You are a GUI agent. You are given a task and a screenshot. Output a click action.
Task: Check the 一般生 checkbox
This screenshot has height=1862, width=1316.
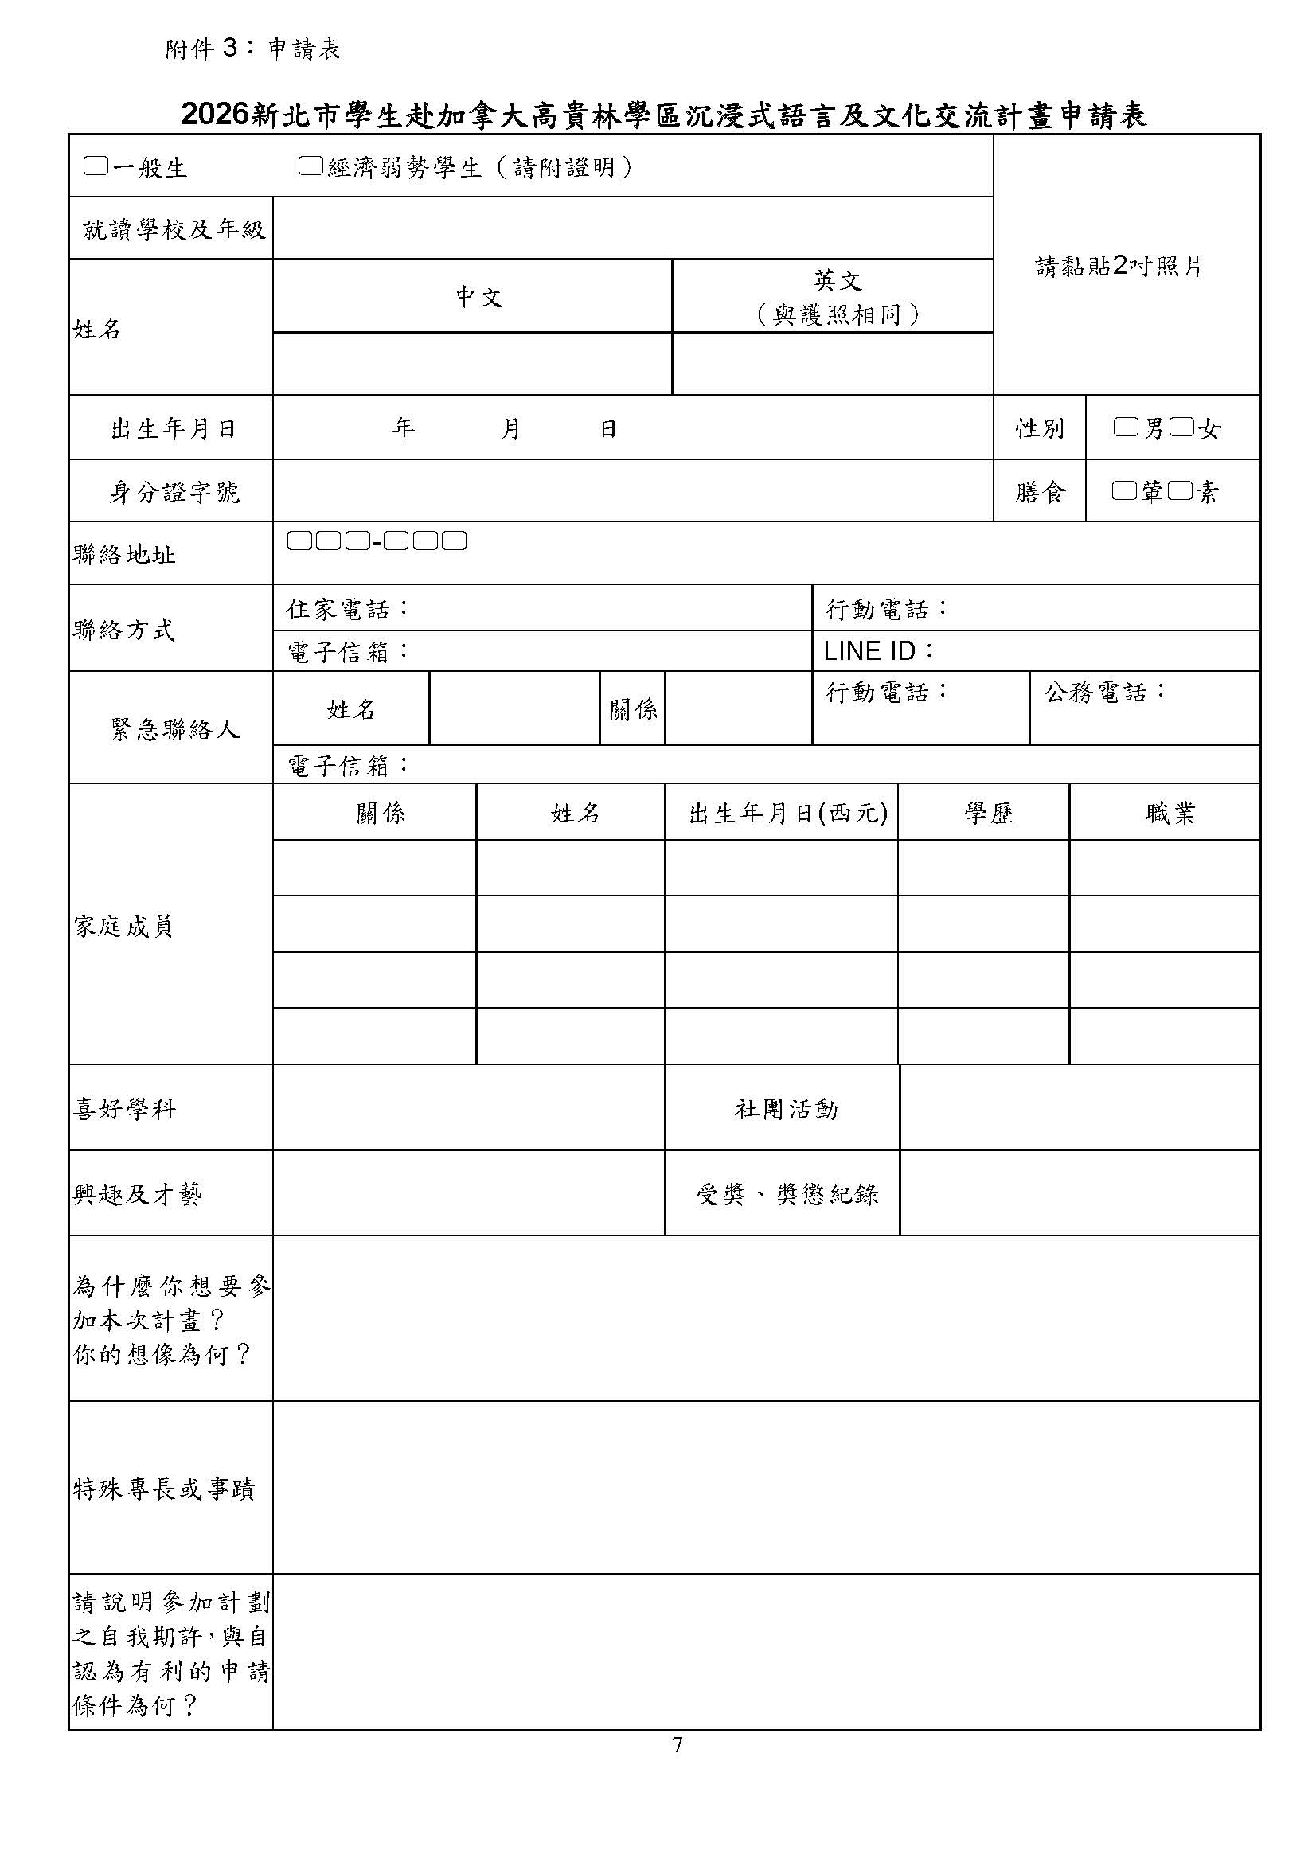tap(96, 167)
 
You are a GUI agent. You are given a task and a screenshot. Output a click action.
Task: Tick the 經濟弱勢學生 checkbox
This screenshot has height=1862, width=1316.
tap(310, 167)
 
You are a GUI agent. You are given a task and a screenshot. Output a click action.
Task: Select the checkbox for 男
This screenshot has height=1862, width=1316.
tap(1126, 427)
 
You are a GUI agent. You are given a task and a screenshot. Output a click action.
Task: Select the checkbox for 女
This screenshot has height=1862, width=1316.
tap(1182, 427)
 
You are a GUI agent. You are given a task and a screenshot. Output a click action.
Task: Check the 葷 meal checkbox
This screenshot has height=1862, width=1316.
tap(1124, 490)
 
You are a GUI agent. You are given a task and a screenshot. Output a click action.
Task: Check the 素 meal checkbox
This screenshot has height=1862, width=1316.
tap(1181, 490)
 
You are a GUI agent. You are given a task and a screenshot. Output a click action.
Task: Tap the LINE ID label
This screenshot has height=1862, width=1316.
tap(878, 651)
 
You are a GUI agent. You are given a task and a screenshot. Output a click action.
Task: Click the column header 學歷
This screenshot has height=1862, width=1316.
tap(989, 813)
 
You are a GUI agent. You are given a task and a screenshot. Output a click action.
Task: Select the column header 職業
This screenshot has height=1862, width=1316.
tap(1170, 813)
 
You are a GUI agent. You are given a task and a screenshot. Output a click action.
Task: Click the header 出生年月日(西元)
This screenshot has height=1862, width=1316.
tap(787, 813)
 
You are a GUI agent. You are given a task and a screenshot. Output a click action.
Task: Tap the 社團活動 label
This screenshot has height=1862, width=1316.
tap(786, 1109)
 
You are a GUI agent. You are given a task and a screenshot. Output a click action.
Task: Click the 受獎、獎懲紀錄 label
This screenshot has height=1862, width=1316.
tap(787, 1194)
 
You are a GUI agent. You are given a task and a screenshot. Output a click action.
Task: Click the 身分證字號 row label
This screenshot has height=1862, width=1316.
tap(174, 491)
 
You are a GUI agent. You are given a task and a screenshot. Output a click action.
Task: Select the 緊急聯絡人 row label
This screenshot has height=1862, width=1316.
tap(174, 729)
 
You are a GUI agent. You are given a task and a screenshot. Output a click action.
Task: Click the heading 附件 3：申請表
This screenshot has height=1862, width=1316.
tap(253, 49)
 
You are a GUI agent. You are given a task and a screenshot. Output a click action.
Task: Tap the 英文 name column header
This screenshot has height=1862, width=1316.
tap(837, 280)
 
